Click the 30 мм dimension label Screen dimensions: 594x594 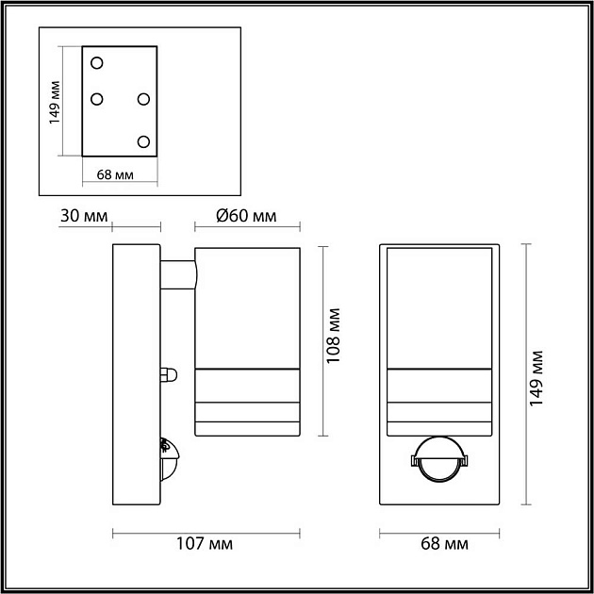(84, 216)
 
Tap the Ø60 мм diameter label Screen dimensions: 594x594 (246, 216)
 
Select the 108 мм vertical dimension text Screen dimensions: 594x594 (334, 336)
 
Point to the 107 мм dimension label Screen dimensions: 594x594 (205, 544)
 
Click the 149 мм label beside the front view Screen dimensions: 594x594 (536, 379)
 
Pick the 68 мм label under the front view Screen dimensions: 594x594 (444, 544)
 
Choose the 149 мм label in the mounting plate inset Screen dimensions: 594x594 (55, 102)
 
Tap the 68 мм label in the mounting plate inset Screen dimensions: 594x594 (115, 175)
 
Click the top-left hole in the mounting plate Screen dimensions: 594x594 (97, 63)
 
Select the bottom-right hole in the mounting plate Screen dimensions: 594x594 (143, 141)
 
